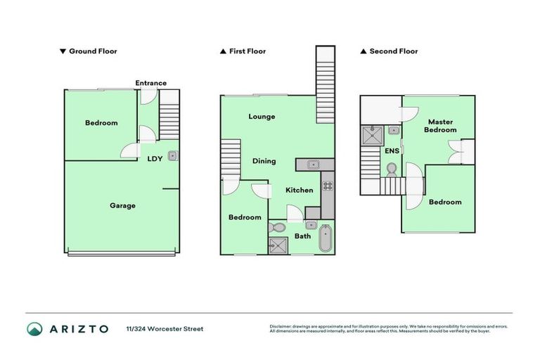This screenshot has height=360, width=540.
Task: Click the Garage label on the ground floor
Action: click(122, 205)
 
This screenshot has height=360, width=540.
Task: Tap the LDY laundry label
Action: click(155, 158)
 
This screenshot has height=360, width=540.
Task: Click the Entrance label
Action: click(151, 83)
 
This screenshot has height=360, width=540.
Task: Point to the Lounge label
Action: click(262, 117)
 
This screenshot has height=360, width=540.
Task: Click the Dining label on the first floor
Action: click(264, 161)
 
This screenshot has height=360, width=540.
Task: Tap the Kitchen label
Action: click(299, 191)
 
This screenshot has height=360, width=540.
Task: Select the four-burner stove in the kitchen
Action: click(327, 186)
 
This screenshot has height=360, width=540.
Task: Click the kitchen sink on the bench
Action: click(314, 165)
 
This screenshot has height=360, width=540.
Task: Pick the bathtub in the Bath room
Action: click(326, 239)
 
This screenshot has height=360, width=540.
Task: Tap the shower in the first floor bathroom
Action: click(275, 245)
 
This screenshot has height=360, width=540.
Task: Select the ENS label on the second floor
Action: click(392, 150)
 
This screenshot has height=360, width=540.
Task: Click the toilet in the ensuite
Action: click(392, 169)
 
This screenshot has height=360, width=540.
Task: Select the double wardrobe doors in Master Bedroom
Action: click(456, 151)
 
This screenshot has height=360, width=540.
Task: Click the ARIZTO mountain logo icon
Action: click(34, 328)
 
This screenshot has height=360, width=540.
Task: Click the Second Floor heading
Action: click(394, 51)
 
